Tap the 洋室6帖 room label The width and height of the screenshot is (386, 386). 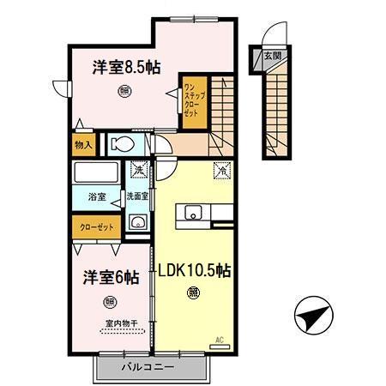point(111,277)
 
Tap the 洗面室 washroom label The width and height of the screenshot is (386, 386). point(138,196)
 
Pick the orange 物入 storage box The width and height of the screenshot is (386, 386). point(83,146)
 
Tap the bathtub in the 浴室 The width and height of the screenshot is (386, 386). point(98,172)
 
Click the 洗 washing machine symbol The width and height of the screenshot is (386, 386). point(139,171)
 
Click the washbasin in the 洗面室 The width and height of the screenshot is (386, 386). point(136,222)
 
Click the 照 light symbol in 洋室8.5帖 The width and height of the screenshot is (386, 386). point(124,90)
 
